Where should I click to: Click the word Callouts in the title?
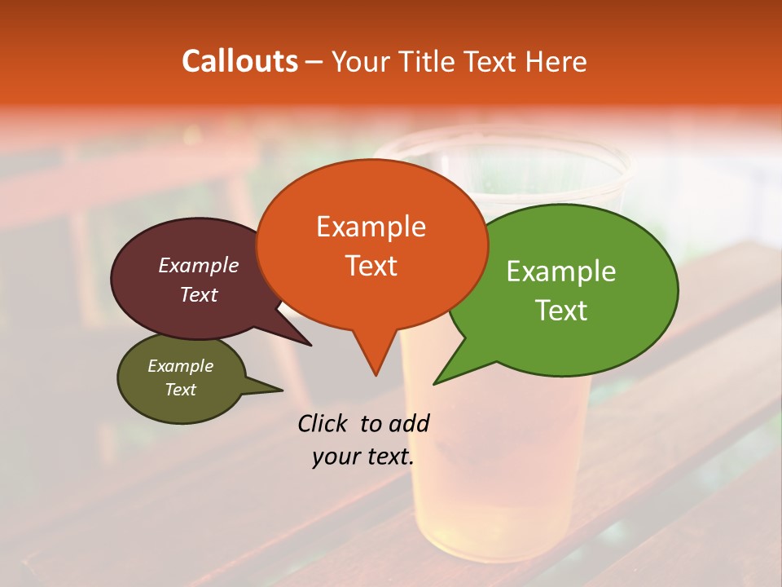[x=239, y=61]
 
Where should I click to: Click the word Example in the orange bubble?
[x=371, y=227]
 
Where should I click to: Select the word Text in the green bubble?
[x=562, y=311]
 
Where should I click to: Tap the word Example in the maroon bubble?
[x=199, y=265]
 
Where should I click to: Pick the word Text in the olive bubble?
[x=181, y=390]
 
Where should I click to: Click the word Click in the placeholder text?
[x=323, y=423]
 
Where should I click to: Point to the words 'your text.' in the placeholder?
[x=363, y=457]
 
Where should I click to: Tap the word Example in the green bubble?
[x=561, y=271]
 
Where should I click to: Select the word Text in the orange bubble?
[x=371, y=266]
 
